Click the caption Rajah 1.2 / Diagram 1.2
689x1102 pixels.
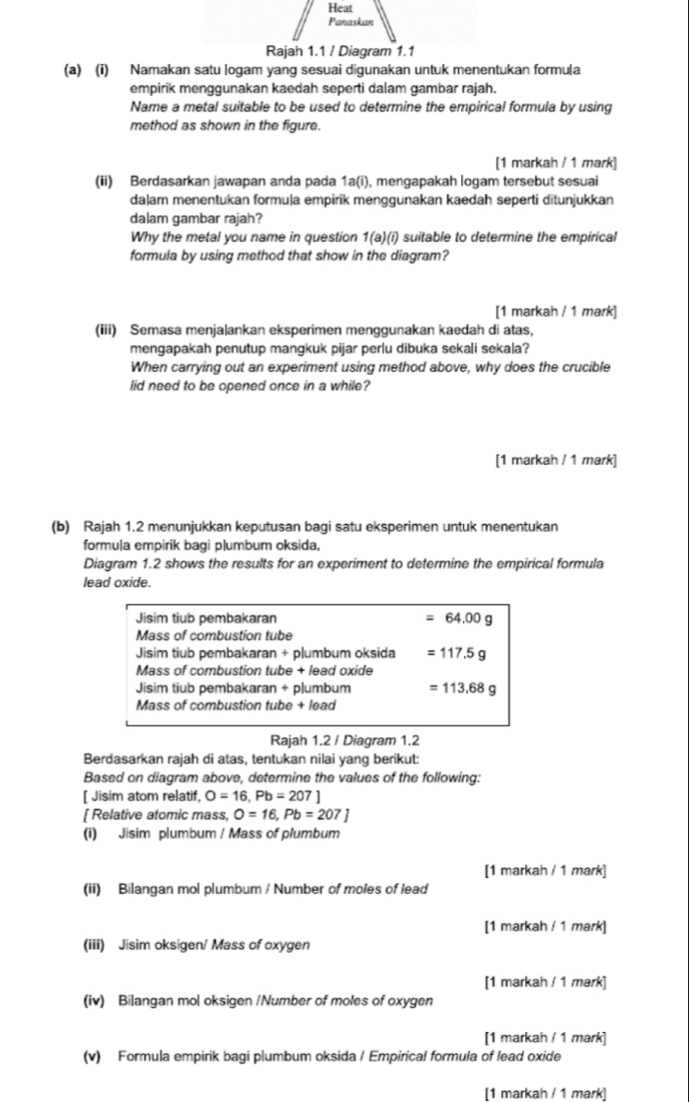tap(344, 740)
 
